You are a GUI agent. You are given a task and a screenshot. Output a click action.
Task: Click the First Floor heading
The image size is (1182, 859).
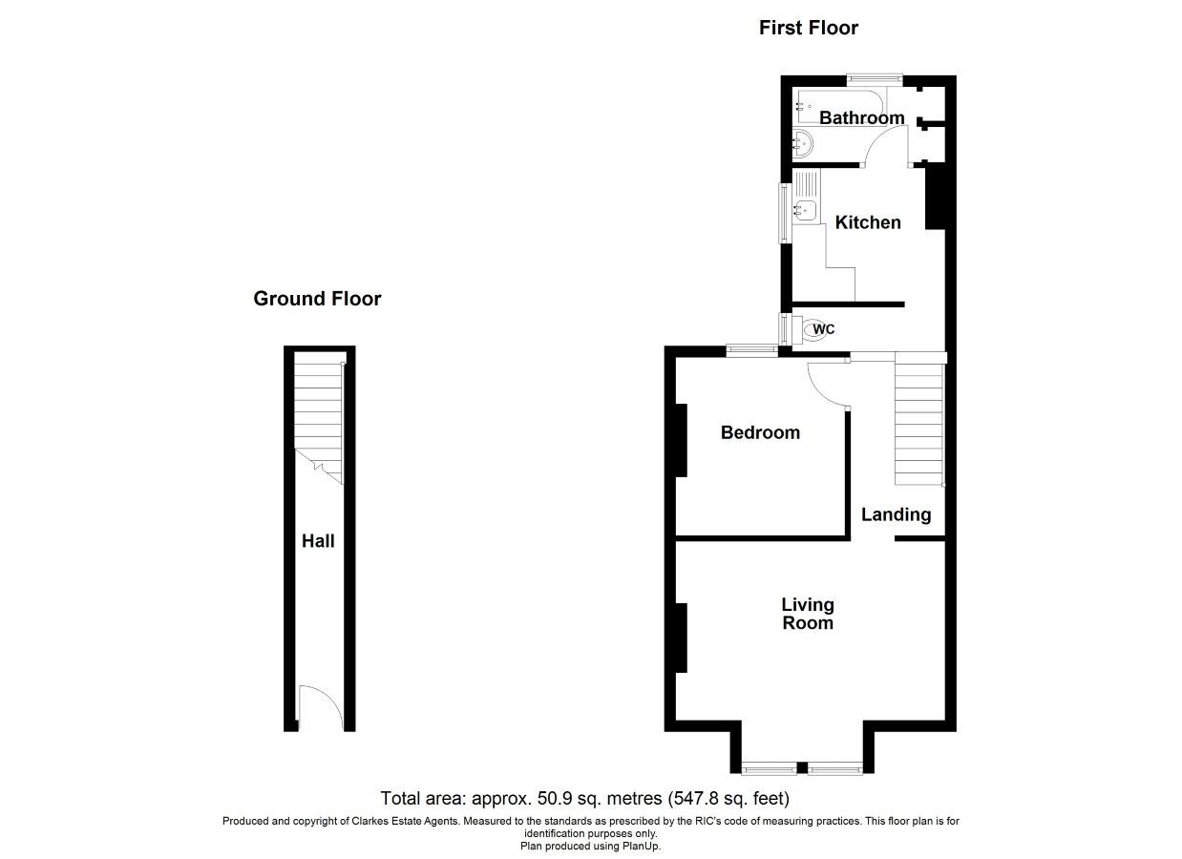pyautogui.click(x=809, y=28)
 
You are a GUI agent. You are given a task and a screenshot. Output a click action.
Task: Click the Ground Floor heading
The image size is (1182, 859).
pyautogui.click(x=317, y=299)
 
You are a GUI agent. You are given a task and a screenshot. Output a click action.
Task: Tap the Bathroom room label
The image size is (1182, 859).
pyautogui.click(x=862, y=117)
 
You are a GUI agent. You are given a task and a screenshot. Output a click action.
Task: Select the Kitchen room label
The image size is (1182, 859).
pyautogui.click(x=868, y=222)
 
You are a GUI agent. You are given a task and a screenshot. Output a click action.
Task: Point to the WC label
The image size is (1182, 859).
pyautogui.click(x=824, y=330)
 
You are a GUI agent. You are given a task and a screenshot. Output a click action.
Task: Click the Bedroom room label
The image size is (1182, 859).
pyautogui.click(x=760, y=432)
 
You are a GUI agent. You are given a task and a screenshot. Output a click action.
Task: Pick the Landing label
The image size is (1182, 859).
pyautogui.click(x=896, y=514)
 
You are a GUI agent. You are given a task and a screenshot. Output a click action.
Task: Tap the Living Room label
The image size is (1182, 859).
pyautogui.click(x=808, y=614)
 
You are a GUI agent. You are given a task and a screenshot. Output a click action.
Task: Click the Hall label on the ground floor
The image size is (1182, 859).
pyautogui.click(x=318, y=541)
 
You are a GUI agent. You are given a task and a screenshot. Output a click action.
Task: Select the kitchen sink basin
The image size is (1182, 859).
pyautogui.click(x=805, y=209)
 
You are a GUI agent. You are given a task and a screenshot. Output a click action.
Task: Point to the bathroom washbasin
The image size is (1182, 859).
pyautogui.click(x=803, y=143)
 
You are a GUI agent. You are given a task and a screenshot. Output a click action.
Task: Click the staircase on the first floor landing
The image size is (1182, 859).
pyautogui.click(x=918, y=423)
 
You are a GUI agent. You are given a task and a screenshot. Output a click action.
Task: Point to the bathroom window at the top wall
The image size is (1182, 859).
pyautogui.click(x=875, y=79)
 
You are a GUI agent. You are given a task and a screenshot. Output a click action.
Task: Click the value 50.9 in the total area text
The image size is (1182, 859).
pyautogui.click(x=555, y=798)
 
